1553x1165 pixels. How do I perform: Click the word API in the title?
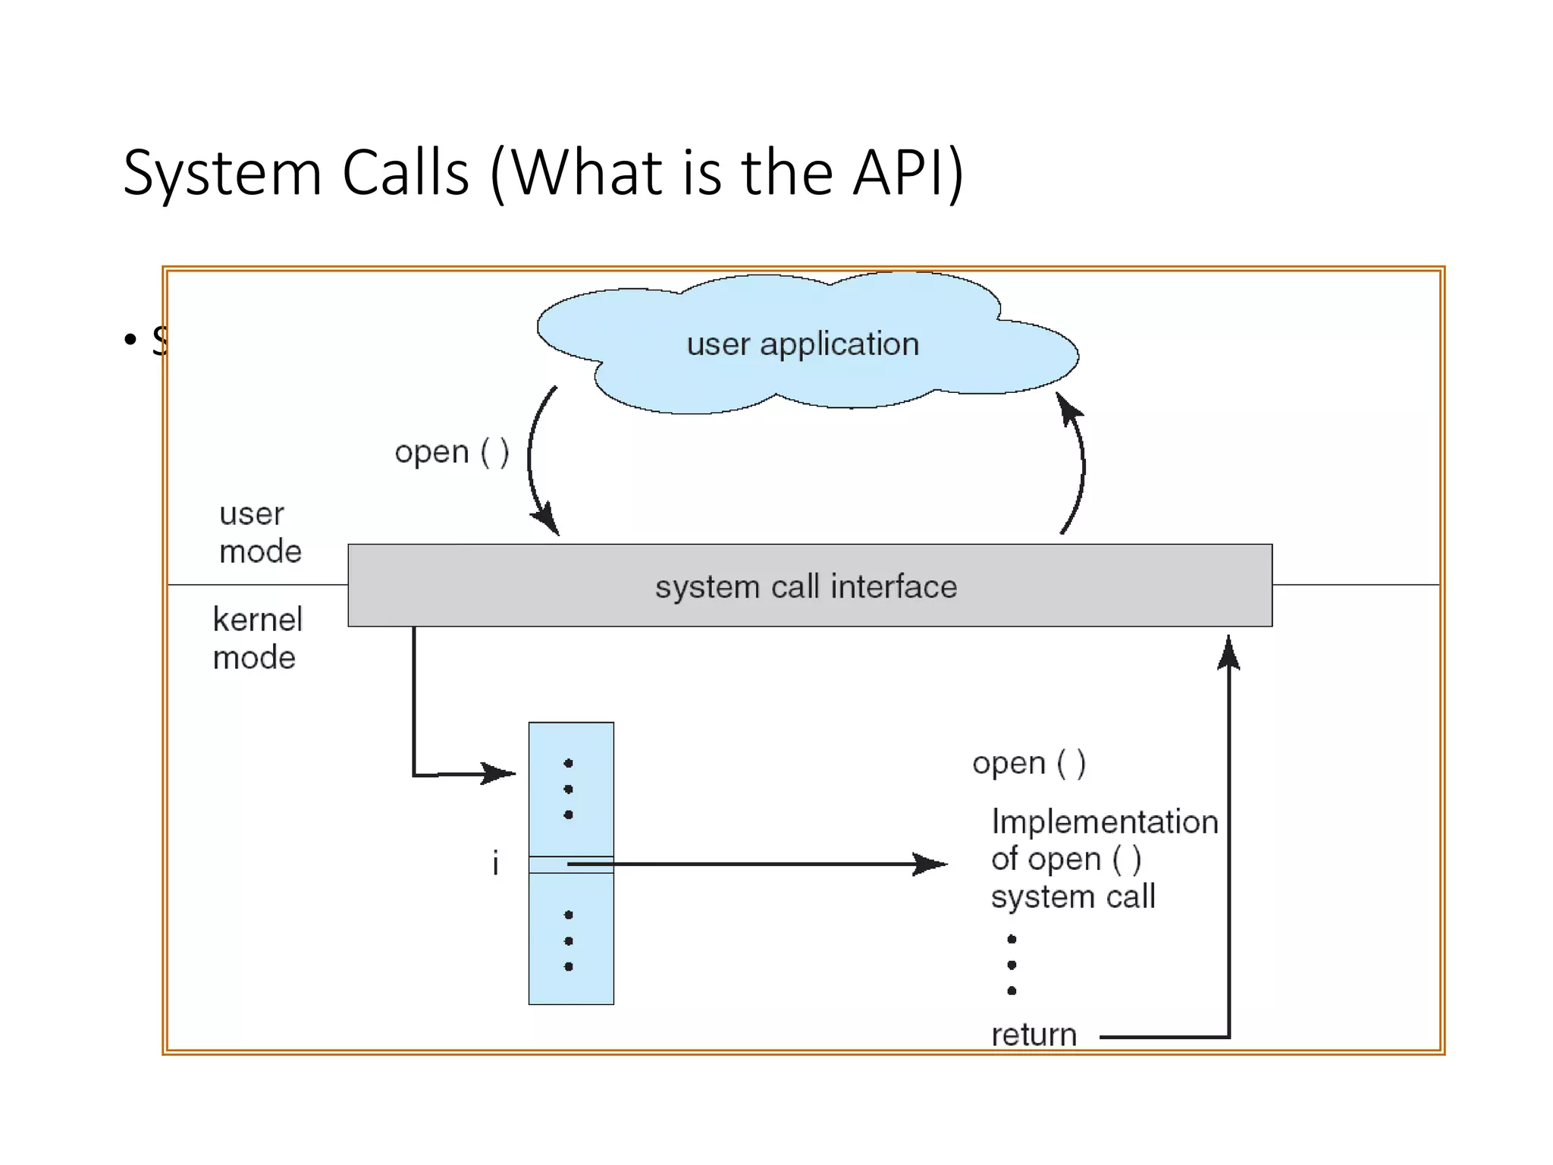pyautogui.click(x=898, y=173)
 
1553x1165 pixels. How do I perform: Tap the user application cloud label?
pyautogui.click(x=802, y=344)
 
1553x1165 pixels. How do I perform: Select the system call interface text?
pyautogui.click(x=806, y=587)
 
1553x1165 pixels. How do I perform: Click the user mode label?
pyautogui.click(x=259, y=532)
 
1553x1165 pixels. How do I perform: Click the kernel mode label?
pyautogui.click(x=257, y=639)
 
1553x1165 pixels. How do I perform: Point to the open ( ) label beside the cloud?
pyautogui.click(x=452, y=452)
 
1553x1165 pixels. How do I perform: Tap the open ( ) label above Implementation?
pyautogui.click(x=1029, y=763)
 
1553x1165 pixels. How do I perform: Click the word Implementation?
pyautogui.click(x=1104, y=822)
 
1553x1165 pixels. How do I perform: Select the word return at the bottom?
pyautogui.click(x=1034, y=1035)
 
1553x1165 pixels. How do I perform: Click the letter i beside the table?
pyautogui.click(x=495, y=863)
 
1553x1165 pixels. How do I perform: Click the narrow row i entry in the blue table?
pyautogui.click(x=571, y=865)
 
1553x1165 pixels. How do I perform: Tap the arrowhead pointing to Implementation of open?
pyautogui.click(x=931, y=864)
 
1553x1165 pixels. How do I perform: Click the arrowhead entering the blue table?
pyautogui.click(x=500, y=774)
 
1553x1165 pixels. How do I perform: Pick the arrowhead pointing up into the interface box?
pyautogui.click(x=1228, y=652)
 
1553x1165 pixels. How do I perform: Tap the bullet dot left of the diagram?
pyautogui.click(x=130, y=339)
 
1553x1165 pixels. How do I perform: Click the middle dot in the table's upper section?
pyautogui.click(x=569, y=789)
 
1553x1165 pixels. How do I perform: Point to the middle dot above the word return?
pyautogui.click(x=1012, y=965)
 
